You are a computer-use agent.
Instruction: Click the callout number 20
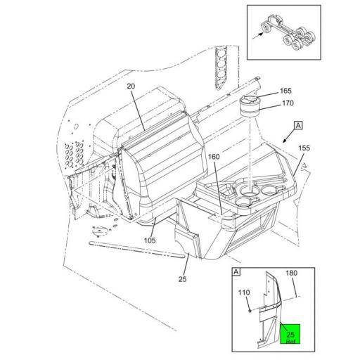pos(130,86)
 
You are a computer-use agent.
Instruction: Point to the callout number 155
pos(304,148)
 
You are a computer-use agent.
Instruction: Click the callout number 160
pos(214,157)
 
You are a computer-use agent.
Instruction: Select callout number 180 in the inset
pos(291,273)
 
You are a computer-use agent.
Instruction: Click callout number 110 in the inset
pos(243,292)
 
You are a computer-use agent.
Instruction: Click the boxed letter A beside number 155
pos(298,124)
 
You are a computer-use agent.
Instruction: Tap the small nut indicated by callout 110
pos(249,308)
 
